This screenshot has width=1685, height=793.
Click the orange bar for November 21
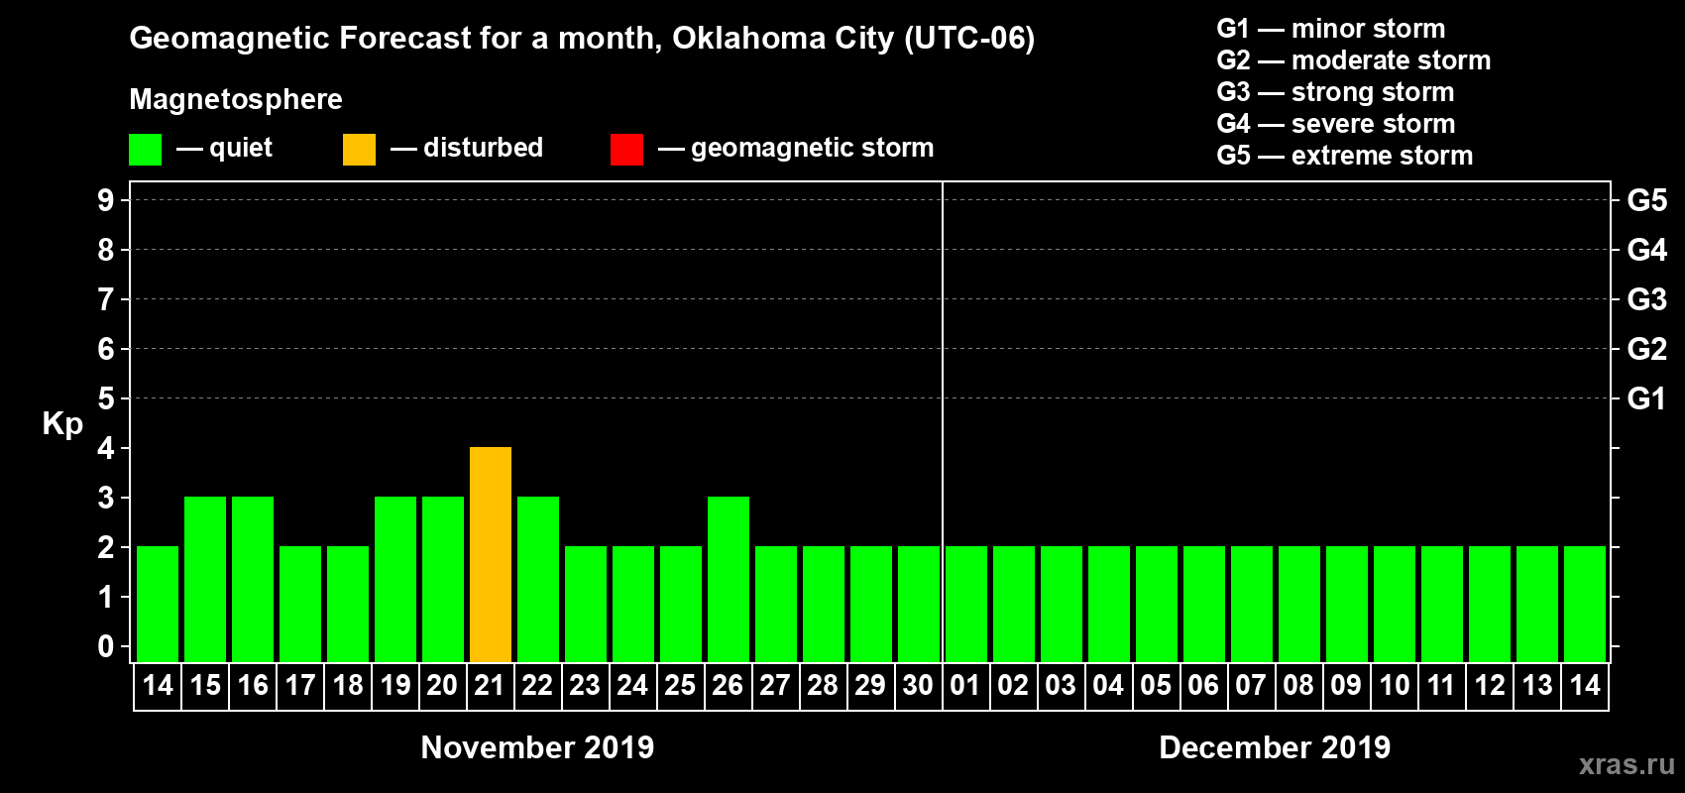click(491, 554)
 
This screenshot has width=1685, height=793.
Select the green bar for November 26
click(729, 579)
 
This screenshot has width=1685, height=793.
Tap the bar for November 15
click(205, 579)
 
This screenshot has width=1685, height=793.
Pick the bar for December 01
click(966, 604)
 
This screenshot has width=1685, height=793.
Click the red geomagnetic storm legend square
click(626, 150)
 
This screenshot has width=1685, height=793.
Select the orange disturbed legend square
click(359, 150)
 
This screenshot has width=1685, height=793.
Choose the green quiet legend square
click(145, 150)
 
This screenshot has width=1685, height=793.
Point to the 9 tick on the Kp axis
click(106, 200)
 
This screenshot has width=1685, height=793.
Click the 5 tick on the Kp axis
click(106, 398)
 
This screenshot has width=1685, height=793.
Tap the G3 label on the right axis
click(1646, 299)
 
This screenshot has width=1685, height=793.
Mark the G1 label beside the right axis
click(1646, 398)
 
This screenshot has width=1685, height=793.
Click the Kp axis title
click(62, 424)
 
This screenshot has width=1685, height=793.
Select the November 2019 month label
click(537, 747)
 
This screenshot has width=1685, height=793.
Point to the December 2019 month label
click(1275, 747)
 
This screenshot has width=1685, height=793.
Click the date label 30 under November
click(918, 685)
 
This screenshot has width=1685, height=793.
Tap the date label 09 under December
click(1346, 685)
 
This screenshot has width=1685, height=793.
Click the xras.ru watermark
click(1627, 764)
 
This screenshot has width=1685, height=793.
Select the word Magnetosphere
click(236, 99)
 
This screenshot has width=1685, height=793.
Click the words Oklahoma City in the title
click(783, 39)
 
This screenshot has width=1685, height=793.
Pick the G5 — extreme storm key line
click(1344, 156)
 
